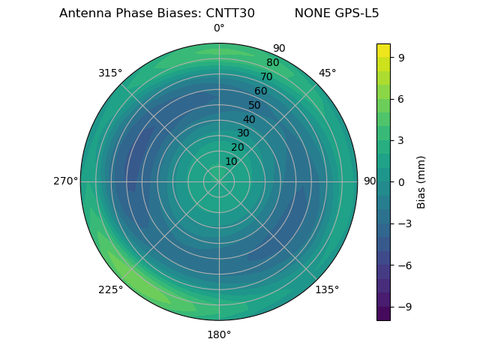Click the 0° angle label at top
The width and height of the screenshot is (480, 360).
(219, 28)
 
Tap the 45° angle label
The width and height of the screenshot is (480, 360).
(327, 73)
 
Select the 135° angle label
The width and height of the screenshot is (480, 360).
(327, 289)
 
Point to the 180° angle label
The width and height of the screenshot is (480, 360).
(219, 334)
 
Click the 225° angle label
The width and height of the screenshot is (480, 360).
(110, 289)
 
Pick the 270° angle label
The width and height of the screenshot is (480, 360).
(65, 181)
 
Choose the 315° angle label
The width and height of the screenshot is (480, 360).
(110, 73)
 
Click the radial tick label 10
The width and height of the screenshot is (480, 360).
(231, 161)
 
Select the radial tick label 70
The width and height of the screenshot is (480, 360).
(267, 76)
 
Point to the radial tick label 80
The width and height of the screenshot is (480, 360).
(272, 63)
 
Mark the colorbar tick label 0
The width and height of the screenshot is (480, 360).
(400, 181)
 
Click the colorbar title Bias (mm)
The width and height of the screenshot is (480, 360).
(421, 181)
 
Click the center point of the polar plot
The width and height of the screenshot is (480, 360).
(219, 181)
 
